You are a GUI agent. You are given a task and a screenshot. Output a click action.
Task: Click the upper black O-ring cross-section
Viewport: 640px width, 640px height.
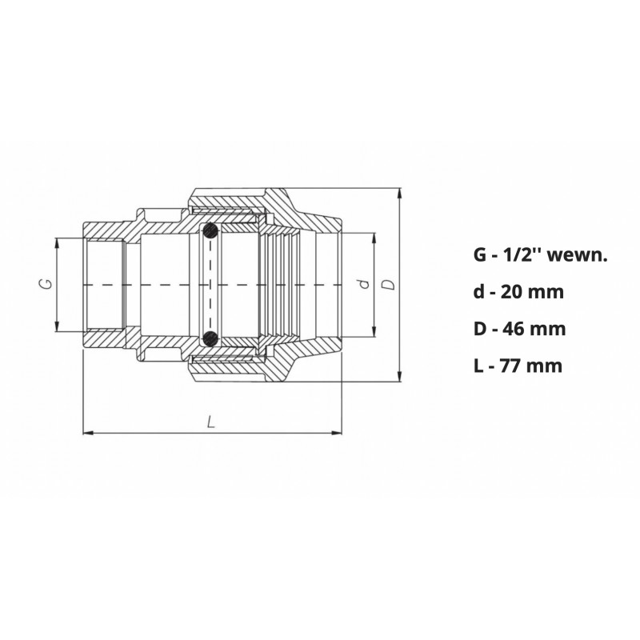[x=210, y=231]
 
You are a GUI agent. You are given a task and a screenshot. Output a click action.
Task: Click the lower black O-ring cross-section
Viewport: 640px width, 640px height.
[x=210, y=338]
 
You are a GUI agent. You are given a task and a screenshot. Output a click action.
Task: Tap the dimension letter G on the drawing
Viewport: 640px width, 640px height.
[x=47, y=284]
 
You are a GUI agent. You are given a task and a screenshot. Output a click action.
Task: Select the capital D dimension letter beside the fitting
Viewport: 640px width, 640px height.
[x=390, y=284]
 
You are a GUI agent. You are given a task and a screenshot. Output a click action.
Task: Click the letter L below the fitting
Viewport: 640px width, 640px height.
[x=210, y=422]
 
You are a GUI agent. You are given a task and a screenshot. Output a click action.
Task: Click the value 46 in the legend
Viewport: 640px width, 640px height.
[x=514, y=329]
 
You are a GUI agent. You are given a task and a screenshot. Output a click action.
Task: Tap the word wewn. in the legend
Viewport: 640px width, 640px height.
[x=577, y=256]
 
